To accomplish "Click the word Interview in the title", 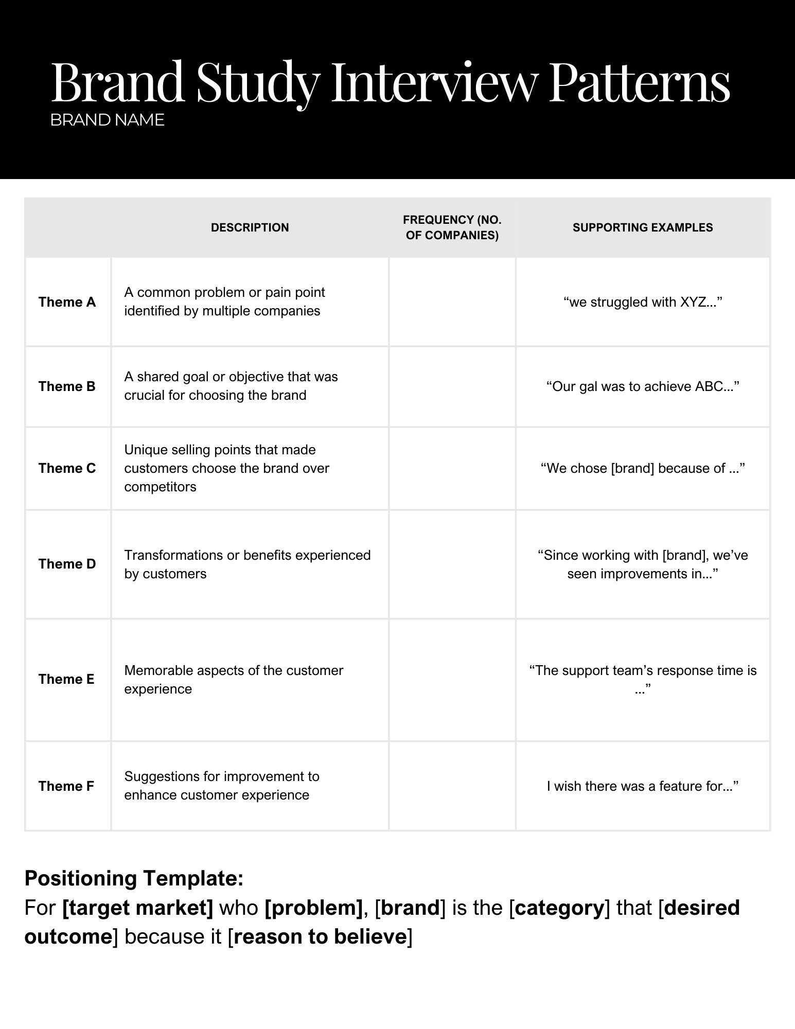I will tap(435, 82).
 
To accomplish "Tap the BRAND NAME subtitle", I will tap(107, 120).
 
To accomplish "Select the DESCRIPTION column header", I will tap(250, 227).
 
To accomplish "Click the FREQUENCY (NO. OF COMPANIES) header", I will tap(452, 227).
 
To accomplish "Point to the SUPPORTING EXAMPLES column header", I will tap(643, 227).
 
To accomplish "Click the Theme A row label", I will tap(67, 302).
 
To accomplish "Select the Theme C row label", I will tap(67, 468).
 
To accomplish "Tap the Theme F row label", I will tap(66, 786).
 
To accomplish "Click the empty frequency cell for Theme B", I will tap(452, 386).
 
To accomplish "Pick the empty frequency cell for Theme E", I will tap(452, 679).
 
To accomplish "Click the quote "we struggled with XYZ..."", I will tap(643, 302).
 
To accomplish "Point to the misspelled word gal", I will tap(588, 387).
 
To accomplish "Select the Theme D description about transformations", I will tap(247, 564).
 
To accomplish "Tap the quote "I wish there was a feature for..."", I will tap(643, 786).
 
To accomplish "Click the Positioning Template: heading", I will tap(134, 878).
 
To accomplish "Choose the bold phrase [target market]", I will tap(137, 908).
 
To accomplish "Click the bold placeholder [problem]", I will tap(313, 908).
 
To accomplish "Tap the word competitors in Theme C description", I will tap(160, 487).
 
